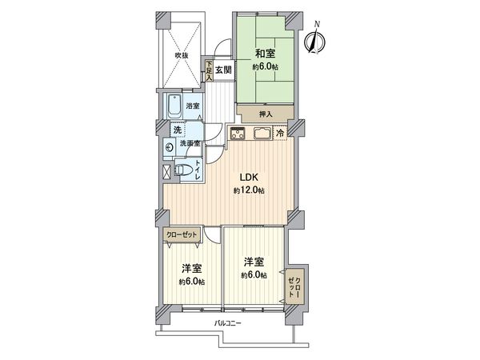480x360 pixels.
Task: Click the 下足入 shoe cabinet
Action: (x=209, y=71)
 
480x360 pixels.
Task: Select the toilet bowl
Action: (x=182, y=170)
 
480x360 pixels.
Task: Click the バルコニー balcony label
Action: (x=227, y=322)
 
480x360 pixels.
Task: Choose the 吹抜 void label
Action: (x=182, y=55)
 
